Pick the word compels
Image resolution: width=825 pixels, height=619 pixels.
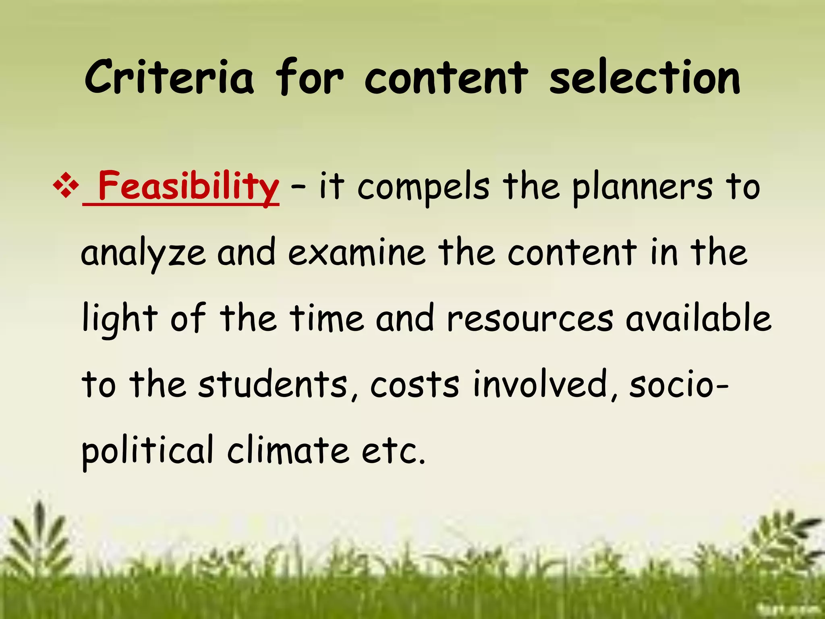(423, 187)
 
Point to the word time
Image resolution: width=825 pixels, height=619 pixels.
(327, 318)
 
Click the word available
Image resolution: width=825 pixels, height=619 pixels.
(699, 318)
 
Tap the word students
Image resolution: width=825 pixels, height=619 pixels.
(273, 384)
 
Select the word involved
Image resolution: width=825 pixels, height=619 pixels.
(540, 384)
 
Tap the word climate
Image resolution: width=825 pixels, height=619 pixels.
(288, 450)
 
